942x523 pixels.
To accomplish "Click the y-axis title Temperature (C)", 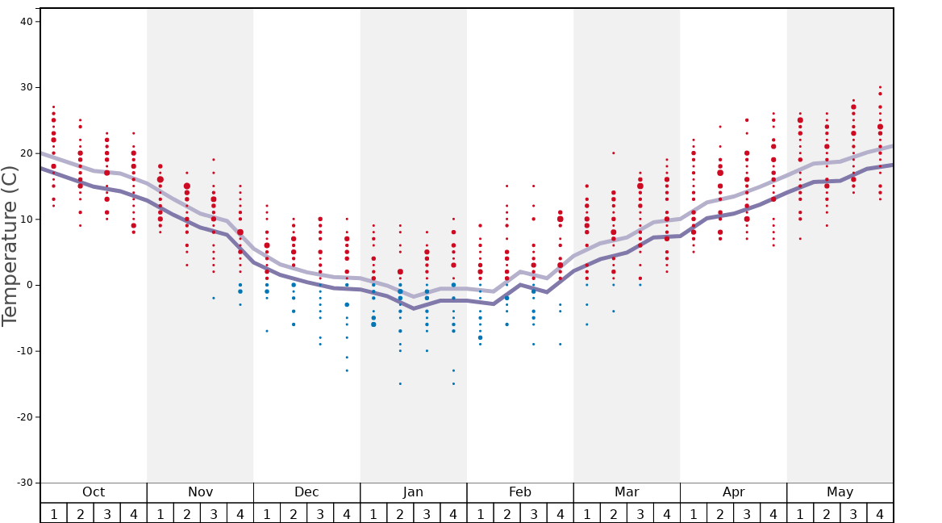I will tap(10, 245).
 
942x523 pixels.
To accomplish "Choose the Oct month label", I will tap(94, 492).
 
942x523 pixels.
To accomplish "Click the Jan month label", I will tap(413, 492).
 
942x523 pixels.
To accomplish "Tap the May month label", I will tap(840, 492).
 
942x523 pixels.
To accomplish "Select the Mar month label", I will tap(627, 492).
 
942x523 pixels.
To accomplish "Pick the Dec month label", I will tap(306, 492).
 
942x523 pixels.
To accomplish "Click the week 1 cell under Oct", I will tap(54, 513).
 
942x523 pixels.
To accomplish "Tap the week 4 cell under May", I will tap(880, 513).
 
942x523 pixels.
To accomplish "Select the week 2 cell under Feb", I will tap(506, 513).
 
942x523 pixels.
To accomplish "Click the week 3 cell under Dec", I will tap(320, 513).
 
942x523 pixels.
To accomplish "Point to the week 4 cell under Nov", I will tap(240, 513).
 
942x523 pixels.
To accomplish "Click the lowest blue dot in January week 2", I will tap(400, 383).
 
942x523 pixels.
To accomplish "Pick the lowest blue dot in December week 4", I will tap(347, 370).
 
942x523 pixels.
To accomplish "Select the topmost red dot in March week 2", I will tap(613, 153).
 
